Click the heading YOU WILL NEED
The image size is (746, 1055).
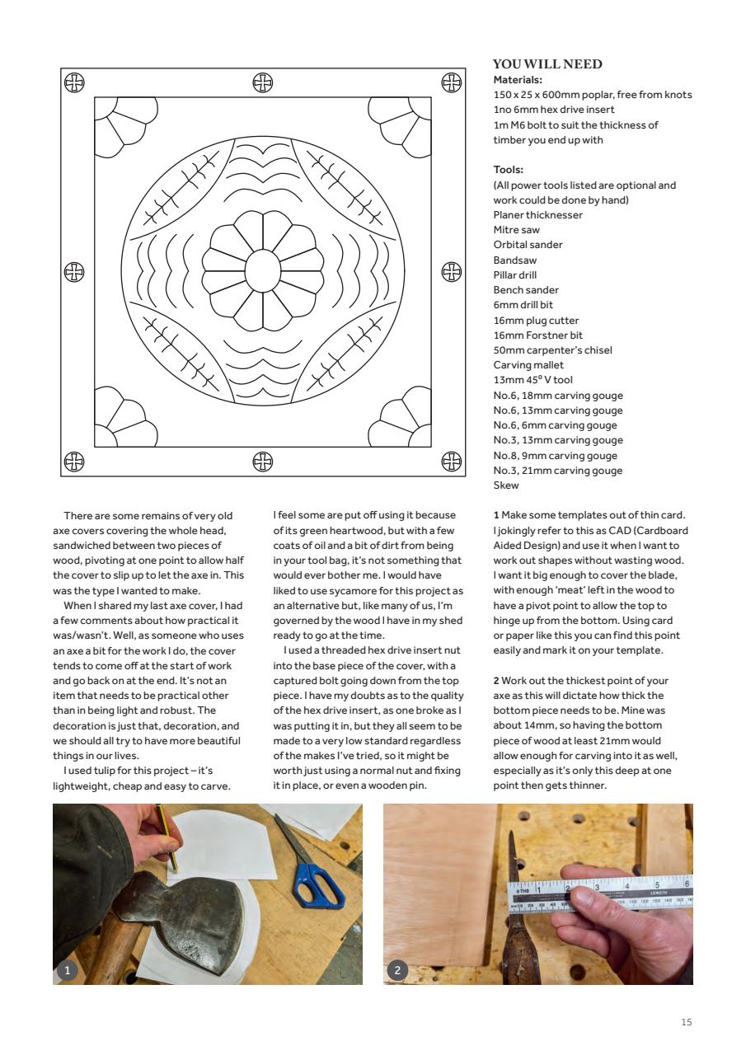point(547,64)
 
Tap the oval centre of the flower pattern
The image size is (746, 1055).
point(262,270)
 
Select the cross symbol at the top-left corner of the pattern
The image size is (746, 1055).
point(74,82)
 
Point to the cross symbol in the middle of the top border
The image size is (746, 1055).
point(262,82)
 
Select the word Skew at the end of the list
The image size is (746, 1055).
point(505,485)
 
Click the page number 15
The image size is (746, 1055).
point(687,1022)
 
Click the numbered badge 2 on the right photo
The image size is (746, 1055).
point(397,971)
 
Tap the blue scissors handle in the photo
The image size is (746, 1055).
point(317,883)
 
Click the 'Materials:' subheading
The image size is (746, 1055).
point(517,80)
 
